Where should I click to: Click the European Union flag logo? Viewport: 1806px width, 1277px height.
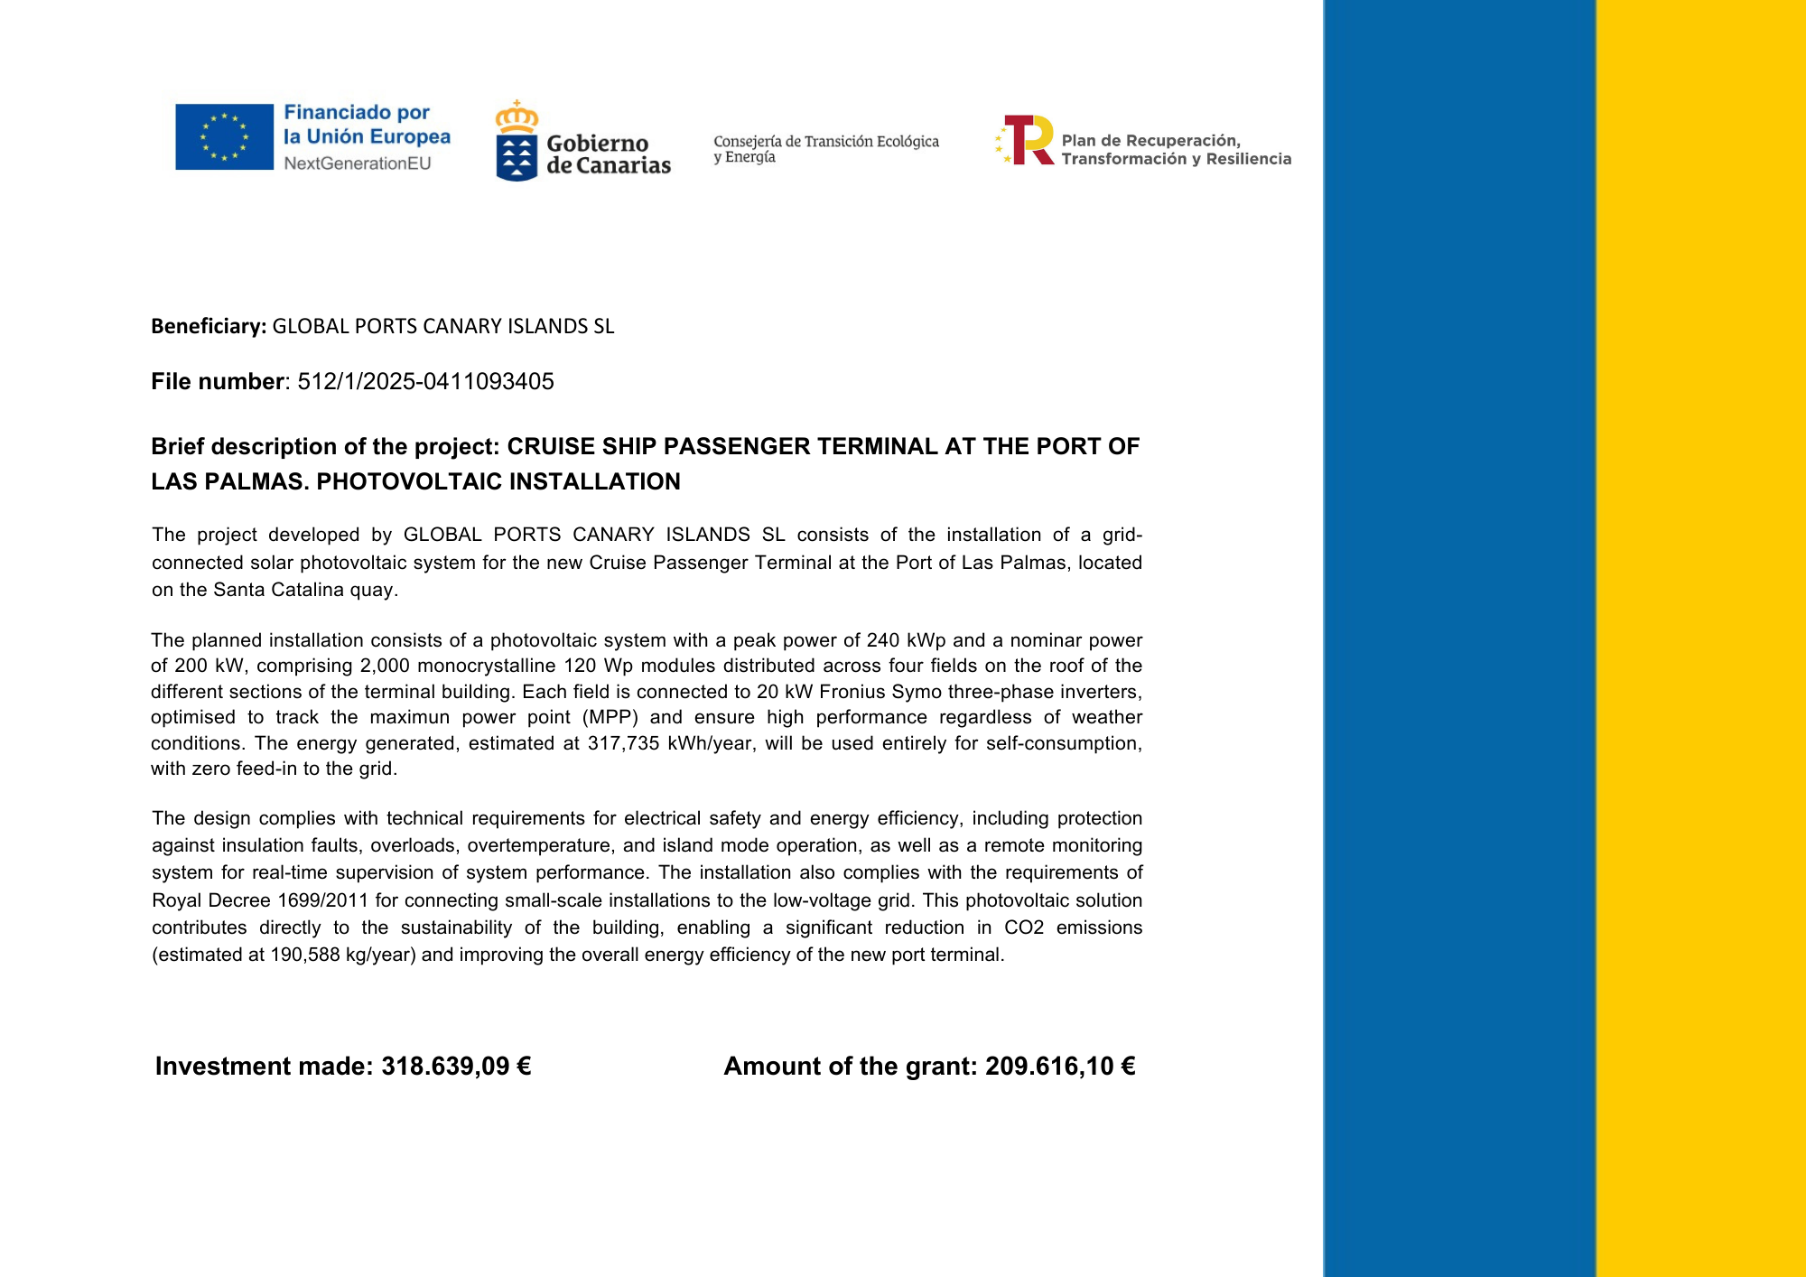click(224, 136)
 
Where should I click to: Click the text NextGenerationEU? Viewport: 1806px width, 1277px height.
click(358, 163)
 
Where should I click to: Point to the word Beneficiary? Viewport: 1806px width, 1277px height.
click(208, 326)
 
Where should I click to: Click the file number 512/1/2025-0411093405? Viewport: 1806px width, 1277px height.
click(425, 381)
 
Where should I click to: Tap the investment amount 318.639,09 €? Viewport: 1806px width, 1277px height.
click(456, 1066)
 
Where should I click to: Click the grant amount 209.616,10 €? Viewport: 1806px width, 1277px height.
click(1060, 1066)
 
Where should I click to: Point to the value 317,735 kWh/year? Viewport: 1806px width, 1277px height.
click(668, 743)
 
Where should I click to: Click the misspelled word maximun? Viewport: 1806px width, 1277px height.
click(409, 717)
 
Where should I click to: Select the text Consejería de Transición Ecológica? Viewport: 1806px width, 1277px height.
click(825, 141)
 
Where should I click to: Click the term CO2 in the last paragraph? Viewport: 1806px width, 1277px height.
click(1024, 927)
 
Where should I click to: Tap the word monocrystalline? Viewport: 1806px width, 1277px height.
click(485, 666)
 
